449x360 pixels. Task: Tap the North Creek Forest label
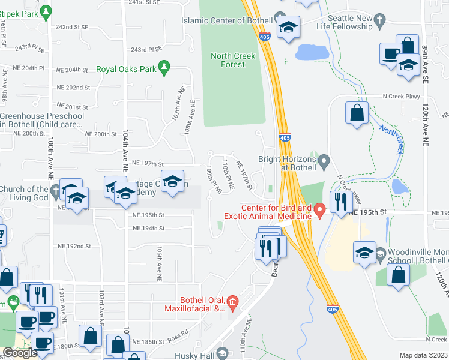(x=233, y=60)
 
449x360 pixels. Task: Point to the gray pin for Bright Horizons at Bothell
(x=324, y=160)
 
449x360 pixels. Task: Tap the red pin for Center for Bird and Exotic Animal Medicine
(x=320, y=209)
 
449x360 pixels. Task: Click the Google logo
(x=20, y=353)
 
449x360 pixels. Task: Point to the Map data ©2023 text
(x=424, y=355)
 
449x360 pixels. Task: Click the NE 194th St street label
(x=148, y=228)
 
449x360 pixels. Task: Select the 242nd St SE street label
(x=71, y=28)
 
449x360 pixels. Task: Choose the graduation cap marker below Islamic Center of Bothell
(x=289, y=28)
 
